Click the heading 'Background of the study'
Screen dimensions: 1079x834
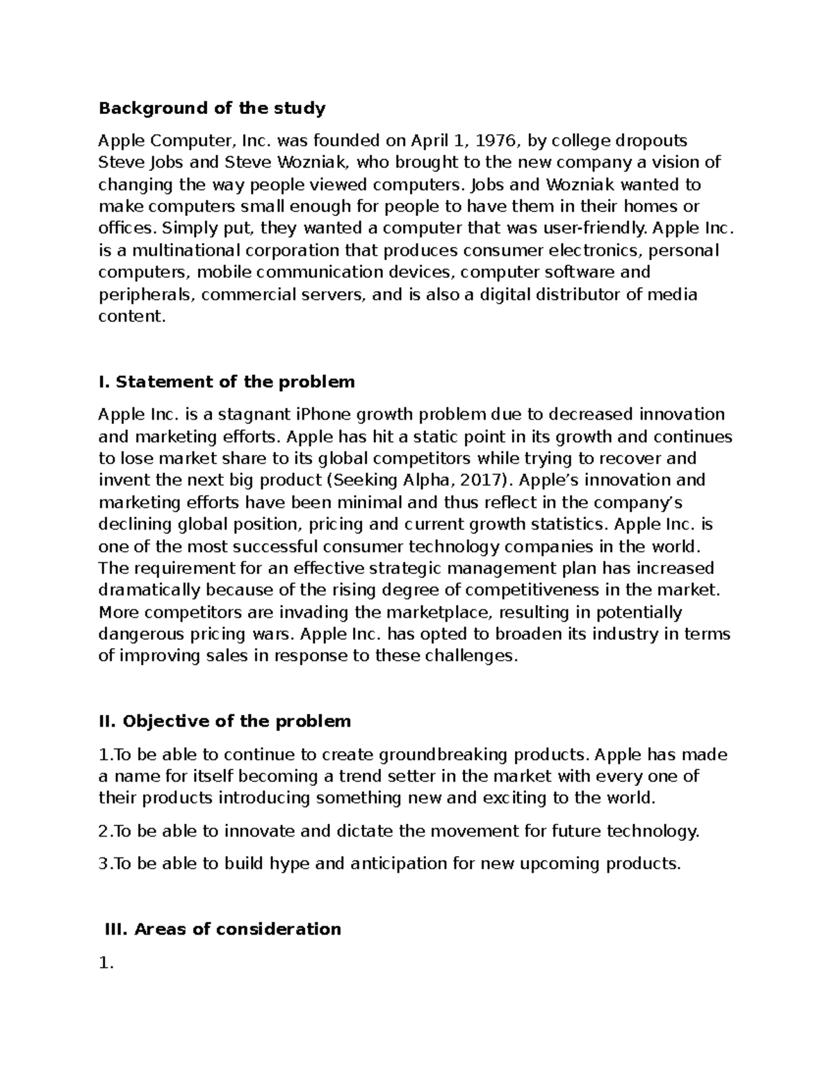click(x=212, y=108)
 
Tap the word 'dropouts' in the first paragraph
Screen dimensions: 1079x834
click(x=654, y=141)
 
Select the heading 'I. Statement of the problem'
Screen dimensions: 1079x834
click(x=227, y=382)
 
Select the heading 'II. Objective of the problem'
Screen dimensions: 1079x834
click(x=224, y=721)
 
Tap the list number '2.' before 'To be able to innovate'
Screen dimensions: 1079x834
click(x=105, y=831)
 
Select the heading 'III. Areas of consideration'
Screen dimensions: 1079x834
click(x=222, y=929)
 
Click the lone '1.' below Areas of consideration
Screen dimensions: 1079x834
click(x=106, y=964)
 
